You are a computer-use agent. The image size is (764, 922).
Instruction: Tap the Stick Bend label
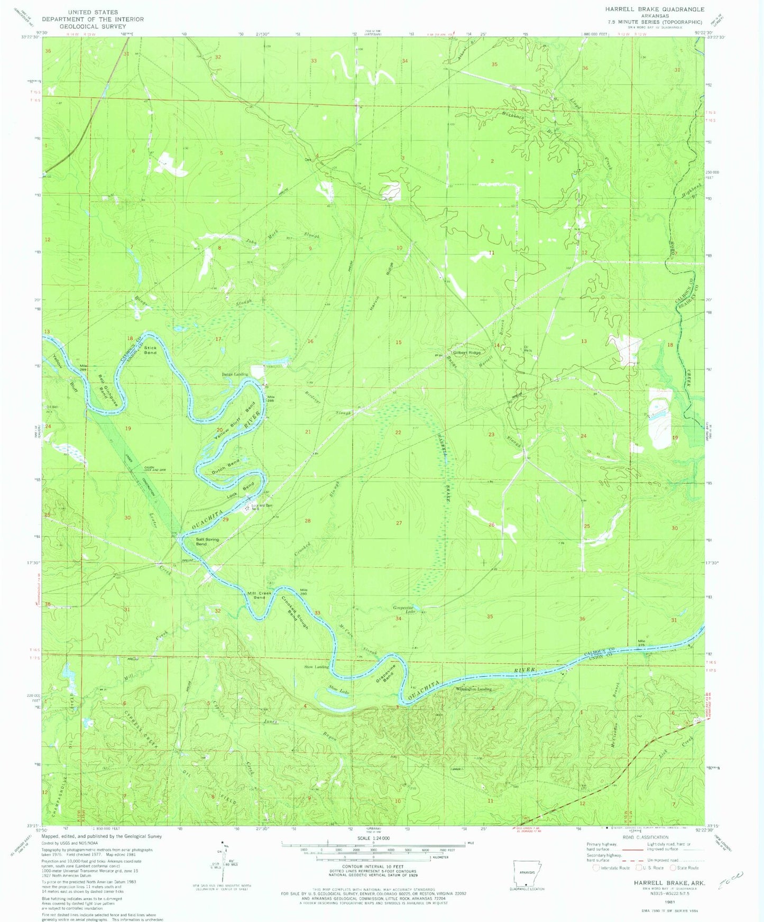click(x=150, y=350)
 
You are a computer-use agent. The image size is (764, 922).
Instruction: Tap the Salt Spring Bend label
click(x=207, y=541)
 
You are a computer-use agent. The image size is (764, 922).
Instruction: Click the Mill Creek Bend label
click(x=260, y=595)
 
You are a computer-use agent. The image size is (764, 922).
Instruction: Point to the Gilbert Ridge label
click(x=467, y=353)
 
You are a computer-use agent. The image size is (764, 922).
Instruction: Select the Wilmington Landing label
click(x=474, y=689)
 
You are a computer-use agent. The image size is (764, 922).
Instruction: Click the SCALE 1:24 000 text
click(x=373, y=838)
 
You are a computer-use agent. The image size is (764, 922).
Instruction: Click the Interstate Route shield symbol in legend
click(x=596, y=868)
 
